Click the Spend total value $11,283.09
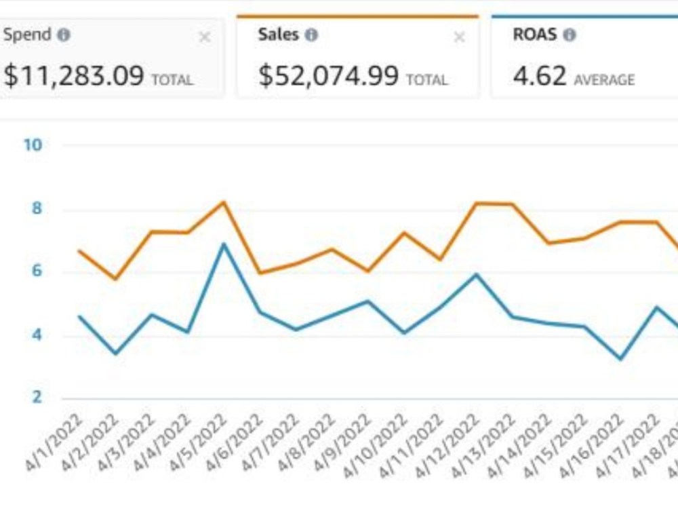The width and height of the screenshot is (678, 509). click(73, 75)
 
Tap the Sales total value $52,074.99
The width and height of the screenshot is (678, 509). click(328, 75)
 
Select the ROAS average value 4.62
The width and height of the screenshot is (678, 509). click(539, 75)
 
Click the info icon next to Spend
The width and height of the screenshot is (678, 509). click(64, 35)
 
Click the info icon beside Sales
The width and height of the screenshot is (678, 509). click(311, 35)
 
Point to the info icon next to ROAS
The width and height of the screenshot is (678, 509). click(570, 35)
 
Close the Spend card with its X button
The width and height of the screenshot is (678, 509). click(204, 37)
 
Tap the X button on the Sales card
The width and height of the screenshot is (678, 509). click(459, 37)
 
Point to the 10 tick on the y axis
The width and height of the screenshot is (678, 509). click(33, 145)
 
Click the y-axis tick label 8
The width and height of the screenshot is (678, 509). click(37, 208)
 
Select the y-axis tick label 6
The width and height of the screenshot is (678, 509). click(37, 271)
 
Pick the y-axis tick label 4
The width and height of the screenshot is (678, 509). click(37, 335)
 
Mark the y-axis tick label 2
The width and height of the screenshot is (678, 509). click(37, 397)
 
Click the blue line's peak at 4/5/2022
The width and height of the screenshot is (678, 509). click(224, 244)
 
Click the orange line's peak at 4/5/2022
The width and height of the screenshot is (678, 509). click(224, 202)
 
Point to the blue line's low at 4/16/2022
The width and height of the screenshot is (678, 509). click(621, 358)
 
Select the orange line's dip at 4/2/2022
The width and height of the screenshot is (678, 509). click(115, 279)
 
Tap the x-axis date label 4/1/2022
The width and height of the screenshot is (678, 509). click(54, 442)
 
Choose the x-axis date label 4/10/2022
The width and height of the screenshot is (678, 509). click(375, 445)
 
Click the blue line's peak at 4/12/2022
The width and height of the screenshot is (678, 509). click(476, 274)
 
